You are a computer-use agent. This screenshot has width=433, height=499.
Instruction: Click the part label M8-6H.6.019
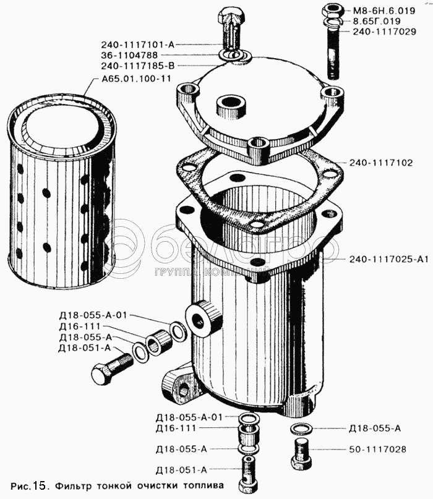tap(384, 11)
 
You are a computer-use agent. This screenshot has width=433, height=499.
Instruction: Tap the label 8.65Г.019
tap(377, 21)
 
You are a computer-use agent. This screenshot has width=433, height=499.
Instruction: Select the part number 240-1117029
tap(384, 32)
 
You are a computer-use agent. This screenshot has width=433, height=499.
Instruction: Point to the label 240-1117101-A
tap(138, 45)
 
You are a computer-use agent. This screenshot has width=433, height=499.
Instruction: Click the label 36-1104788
tap(129, 56)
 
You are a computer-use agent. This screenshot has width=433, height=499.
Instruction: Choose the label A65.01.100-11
tap(136, 79)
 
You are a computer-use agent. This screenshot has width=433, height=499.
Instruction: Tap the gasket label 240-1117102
tap(381, 163)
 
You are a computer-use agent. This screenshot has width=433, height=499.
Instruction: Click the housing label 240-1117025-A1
tap(388, 259)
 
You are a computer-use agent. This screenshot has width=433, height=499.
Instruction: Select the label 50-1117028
tap(377, 450)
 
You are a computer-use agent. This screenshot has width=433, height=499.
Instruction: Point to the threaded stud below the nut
tap(333, 53)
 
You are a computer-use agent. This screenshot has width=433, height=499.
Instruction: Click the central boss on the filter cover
tap(231, 106)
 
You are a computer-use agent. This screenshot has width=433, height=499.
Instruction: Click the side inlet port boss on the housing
tap(204, 318)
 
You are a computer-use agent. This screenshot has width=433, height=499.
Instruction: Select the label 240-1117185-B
tap(138, 66)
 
